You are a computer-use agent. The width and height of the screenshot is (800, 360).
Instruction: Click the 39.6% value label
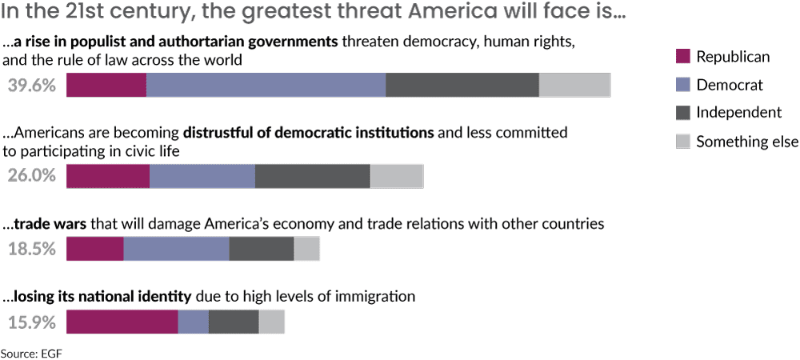click(32, 86)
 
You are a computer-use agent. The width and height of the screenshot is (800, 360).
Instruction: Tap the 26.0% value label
click(32, 177)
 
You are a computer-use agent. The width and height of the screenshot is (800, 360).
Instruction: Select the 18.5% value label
click(32, 249)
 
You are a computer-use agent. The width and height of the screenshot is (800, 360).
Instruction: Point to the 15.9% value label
click(32, 322)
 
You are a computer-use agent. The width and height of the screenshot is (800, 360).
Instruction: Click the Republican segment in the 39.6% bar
click(106, 85)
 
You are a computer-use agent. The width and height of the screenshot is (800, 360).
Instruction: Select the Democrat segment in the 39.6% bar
click(266, 85)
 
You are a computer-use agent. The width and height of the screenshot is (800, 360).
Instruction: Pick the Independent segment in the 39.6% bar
click(462, 85)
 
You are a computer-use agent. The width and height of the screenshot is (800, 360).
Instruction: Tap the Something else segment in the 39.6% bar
click(574, 85)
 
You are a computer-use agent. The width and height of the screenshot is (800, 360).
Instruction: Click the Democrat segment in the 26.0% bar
click(202, 177)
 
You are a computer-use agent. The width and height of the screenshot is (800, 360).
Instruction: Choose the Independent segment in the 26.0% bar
click(313, 177)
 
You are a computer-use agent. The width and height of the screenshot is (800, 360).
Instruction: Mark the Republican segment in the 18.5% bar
click(95, 249)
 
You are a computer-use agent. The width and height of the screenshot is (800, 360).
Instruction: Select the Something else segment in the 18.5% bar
click(306, 249)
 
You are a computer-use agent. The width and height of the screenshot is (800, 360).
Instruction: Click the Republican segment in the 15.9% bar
click(122, 322)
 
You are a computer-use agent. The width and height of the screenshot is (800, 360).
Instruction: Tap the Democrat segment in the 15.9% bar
click(193, 322)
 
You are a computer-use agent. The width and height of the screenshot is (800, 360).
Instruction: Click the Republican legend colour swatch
click(682, 56)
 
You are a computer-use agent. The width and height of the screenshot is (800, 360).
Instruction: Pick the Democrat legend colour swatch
click(682, 84)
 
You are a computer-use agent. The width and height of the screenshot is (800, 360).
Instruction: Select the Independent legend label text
click(738, 113)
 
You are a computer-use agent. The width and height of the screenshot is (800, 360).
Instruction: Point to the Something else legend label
click(746, 142)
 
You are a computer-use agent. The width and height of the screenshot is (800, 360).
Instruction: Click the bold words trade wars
click(50, 224)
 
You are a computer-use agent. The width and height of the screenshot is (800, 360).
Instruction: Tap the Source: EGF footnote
click(31, 352)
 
